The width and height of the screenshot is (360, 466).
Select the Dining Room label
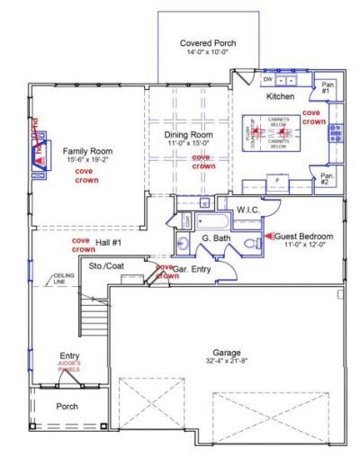(x=189, y=135)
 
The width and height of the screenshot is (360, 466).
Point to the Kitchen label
(x=281, y=95)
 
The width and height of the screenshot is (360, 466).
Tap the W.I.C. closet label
(x=248, y=211)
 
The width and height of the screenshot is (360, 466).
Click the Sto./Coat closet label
(x=105, y=267)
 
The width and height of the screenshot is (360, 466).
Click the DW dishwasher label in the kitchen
(x=267, y=80)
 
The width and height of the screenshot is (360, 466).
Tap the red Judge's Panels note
(x=69, y=365)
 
